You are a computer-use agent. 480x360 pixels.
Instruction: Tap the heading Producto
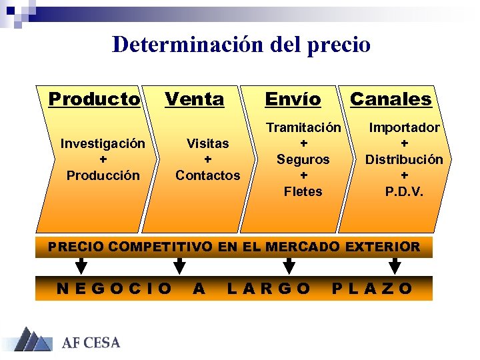[x=95, y=99]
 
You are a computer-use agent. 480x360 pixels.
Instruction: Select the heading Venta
[x=194, y=99]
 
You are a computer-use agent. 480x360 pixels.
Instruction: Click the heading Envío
[x=293, y=99]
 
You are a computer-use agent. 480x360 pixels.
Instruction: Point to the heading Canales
[x=391, y=99]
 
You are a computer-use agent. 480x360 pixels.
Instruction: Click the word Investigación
[x=103, y=143]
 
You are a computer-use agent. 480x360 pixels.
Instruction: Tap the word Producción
[x=103, y=175]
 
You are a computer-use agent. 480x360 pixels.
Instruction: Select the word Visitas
[x=207, y=143]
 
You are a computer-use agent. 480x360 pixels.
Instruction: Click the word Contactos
[x=207, y=175]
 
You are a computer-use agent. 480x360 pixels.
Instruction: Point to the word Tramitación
[x=304, y=127]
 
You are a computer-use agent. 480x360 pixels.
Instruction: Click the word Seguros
[x=303, y=159]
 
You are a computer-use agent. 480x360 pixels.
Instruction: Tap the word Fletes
[x=303, y=191]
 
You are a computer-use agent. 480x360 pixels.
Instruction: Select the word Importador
[x=405, y=127]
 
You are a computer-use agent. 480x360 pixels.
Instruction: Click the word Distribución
[x=404, y=159]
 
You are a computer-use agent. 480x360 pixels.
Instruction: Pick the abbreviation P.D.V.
[x=404, y=191]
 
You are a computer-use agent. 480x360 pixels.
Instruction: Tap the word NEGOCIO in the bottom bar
[x=114, y=289]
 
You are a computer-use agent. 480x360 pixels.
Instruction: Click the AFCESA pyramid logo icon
[x=33, y=340]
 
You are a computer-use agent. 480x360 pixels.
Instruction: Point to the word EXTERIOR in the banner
[x=382, y=247]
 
